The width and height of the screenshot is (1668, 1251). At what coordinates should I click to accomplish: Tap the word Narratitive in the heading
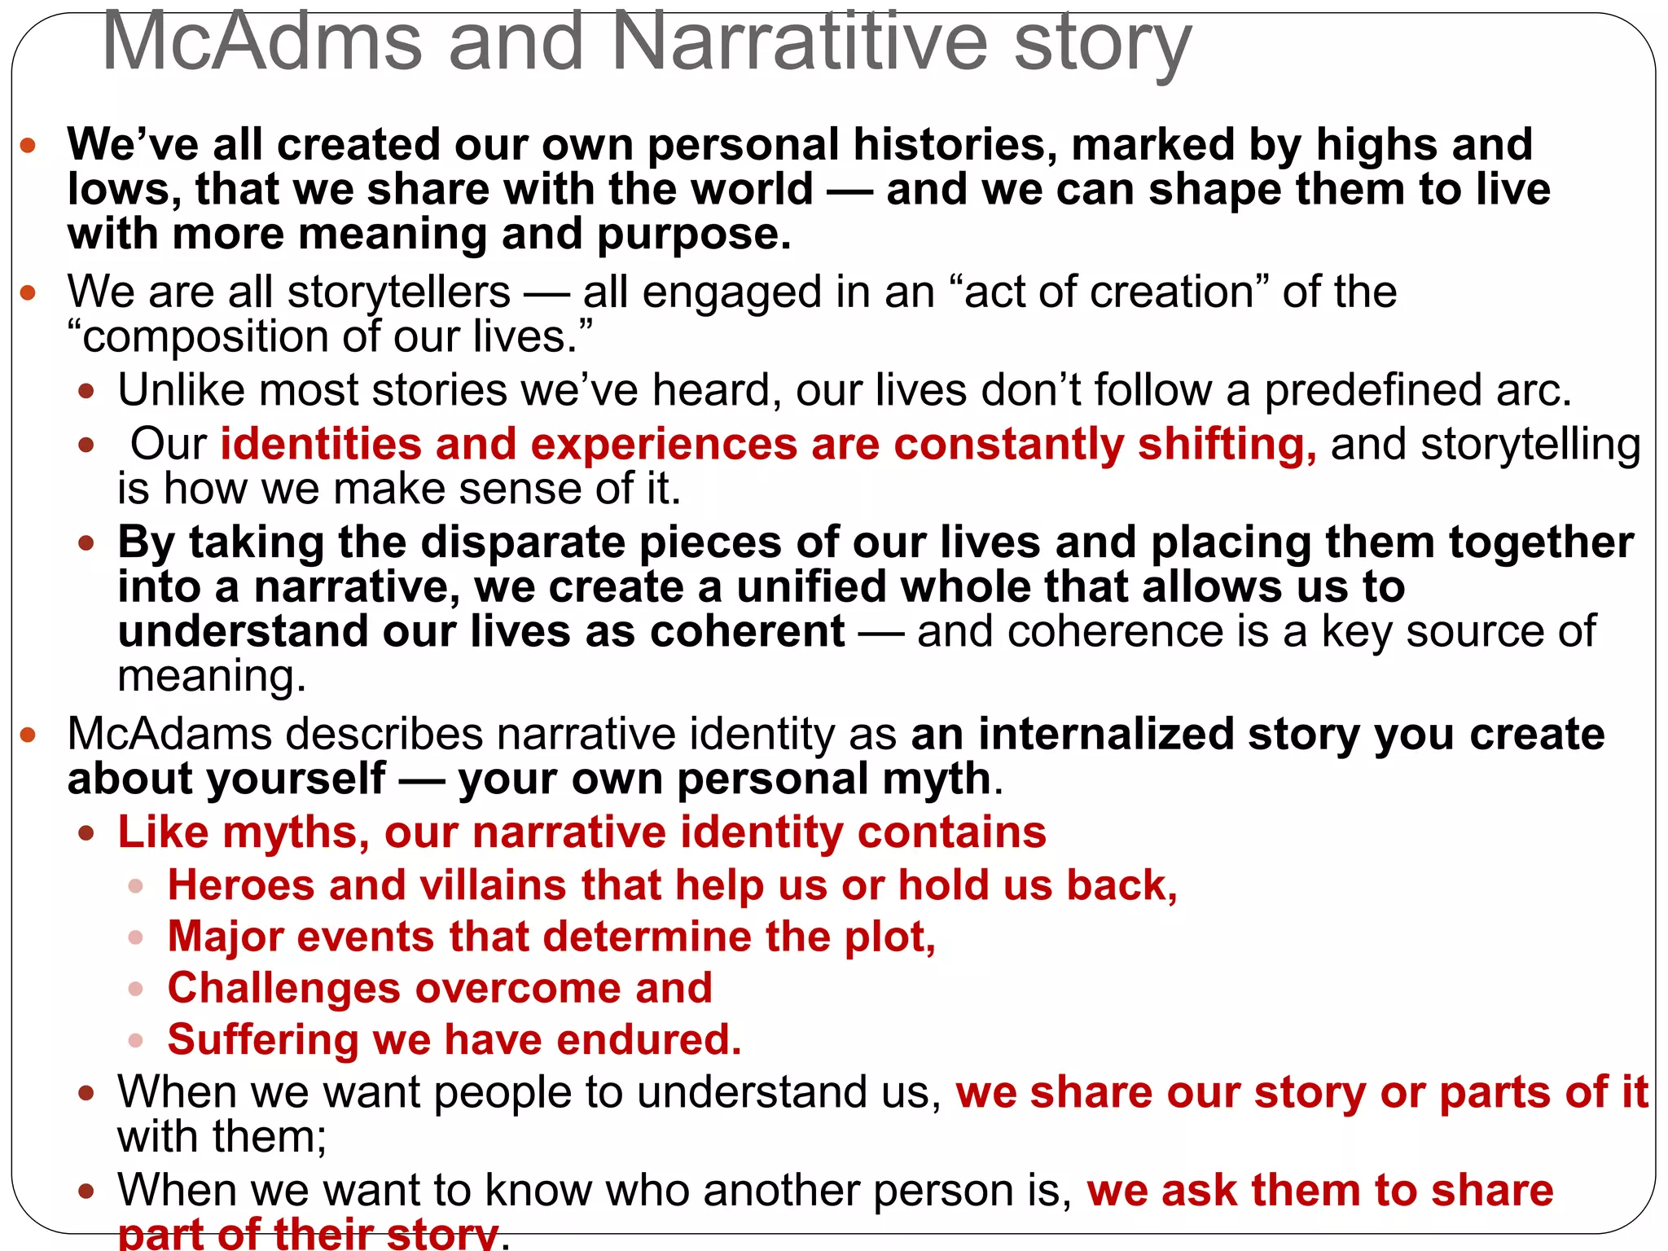(798, 42)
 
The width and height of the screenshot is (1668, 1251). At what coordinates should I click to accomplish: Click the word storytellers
(399, 292)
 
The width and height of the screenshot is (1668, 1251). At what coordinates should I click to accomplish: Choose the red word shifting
(1226, 445)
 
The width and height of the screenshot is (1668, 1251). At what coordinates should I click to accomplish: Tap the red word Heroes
(241, 886)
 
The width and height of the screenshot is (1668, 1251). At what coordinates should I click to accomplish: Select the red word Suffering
(263, 1041)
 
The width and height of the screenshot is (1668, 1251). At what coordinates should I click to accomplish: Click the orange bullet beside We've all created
(29, 146)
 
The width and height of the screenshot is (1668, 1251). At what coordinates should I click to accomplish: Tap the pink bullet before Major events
(136, 938)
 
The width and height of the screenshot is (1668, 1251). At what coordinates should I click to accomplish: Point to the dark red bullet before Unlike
(86, 392)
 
